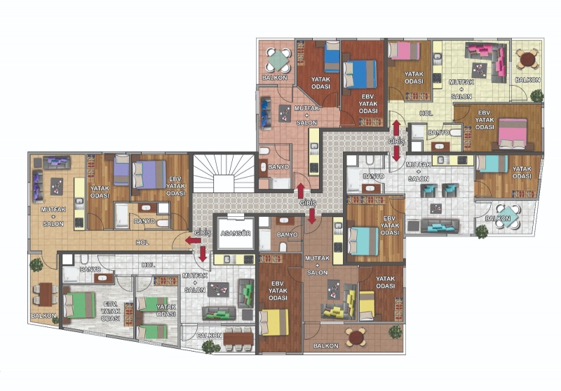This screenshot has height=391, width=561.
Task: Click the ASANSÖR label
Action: click(x=236, y=234)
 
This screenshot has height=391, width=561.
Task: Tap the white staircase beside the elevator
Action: click(x=224, y=173)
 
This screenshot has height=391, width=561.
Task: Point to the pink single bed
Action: click(x=405, y=51)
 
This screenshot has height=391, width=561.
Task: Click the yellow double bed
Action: click(x=274, y=322)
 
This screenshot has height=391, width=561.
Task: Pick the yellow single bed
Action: click(x=367, y=305)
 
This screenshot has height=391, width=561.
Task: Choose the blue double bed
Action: click(x=360, y=74)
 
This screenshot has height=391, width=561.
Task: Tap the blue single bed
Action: click(x=332, y=57)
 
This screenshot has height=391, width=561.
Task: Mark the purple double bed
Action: click(x=149, y=175)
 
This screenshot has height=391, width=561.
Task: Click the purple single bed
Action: click(x=121, y=170)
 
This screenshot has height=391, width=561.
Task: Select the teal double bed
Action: click(x=363, y=241)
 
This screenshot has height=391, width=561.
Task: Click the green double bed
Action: click(x=79, y=305)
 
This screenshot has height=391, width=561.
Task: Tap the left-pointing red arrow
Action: click(x=194, y=240)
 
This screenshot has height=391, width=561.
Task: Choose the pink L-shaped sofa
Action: click(x=489, y=61)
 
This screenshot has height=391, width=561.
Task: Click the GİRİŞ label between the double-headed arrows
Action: click(x=396, y=141)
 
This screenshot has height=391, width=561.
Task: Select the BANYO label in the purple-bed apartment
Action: click(x=144, y=221)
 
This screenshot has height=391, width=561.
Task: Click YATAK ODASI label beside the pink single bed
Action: click(x=414, y=78)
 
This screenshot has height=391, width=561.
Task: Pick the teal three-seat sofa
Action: click(x=440, y=226)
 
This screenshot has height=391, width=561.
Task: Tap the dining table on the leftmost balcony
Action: click(x=46, y=294)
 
